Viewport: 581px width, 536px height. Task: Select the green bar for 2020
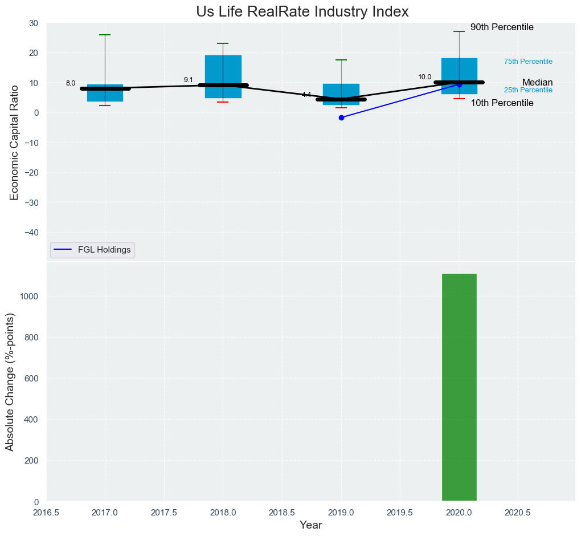(459, 388)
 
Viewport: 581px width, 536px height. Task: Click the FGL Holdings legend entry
(93, 249)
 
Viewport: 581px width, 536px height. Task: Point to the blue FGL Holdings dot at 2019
(341, 117)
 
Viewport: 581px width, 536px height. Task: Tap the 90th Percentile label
(502, 27)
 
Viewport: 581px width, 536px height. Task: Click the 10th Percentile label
(502, 103)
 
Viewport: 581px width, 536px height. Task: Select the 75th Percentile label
(528, 62)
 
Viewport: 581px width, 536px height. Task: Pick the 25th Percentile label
(528, 90)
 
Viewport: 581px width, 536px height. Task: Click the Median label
(537, 82)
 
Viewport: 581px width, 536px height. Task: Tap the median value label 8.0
(71, 83)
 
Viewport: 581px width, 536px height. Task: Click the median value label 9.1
(189, 80)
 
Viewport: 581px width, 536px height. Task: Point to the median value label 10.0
(425, 77)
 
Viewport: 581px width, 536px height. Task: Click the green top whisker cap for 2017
(105, 35)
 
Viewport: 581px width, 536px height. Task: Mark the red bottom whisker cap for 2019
(341, 108)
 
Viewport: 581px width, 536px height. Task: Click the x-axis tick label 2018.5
(282, 513)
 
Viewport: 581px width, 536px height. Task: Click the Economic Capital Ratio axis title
(15, 142)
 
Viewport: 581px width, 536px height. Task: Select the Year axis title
(310, 525)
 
